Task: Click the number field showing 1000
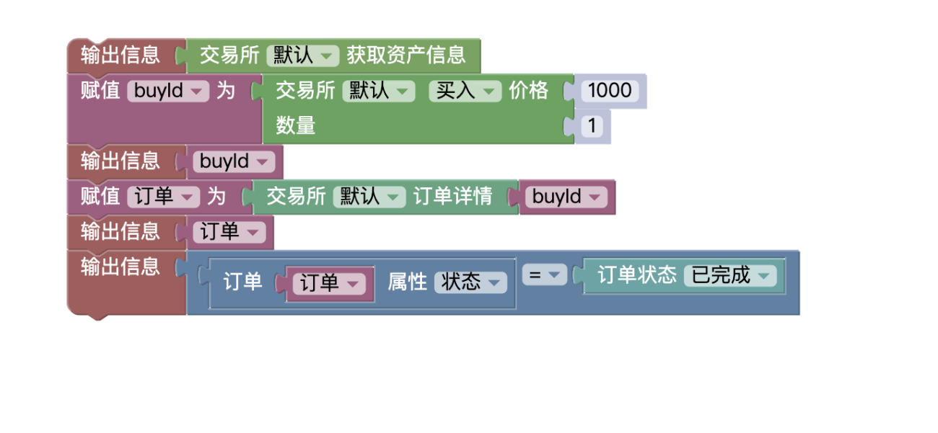610,90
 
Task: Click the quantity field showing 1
592,125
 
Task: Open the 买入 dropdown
465,91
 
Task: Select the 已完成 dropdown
730,275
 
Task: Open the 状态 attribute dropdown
470,282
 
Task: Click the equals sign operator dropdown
544,275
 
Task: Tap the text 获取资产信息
406,55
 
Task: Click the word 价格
528,90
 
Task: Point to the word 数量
295,125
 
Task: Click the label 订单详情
452,196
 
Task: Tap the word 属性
407,282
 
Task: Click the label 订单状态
637,275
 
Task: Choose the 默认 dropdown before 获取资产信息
303,55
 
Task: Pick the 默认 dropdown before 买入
379,91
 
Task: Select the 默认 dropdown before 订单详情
369,197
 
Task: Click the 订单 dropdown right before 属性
329,284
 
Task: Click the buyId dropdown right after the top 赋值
168,91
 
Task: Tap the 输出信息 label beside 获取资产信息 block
120,55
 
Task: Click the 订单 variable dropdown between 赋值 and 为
164,197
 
